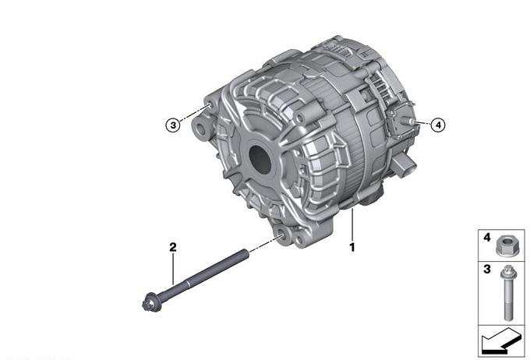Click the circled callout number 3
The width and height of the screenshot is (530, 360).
(x=173, y=125)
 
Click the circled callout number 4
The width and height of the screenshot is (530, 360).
(x=438, y=125)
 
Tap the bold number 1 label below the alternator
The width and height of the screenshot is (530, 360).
(x=352, y=247)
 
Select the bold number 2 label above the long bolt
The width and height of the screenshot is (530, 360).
(x=173, y=247)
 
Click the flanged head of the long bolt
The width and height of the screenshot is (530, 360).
(x=149, y=304)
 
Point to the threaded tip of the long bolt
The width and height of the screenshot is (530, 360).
(x=246, y=252)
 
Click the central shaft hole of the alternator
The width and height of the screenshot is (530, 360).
(x=260, y=160)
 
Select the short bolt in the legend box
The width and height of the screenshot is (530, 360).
(x=508, y=292)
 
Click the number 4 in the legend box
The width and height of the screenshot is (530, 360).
(x=486, y=238)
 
